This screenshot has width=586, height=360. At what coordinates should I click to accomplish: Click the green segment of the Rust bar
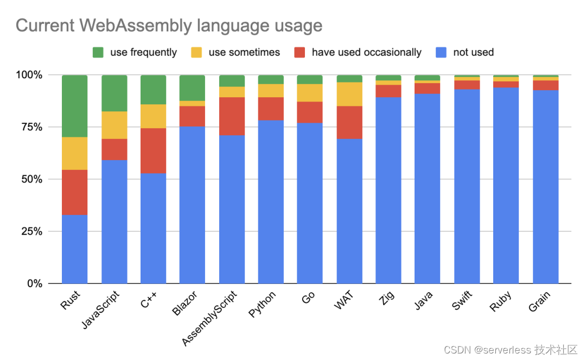[75, 106]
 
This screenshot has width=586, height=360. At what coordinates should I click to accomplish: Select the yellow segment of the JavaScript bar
[114, 125]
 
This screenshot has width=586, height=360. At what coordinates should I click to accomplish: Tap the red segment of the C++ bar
[153, 150]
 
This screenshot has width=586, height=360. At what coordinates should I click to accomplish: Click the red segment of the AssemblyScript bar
[232, 116]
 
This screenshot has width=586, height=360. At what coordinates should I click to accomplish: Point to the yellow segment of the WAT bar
[349, 94]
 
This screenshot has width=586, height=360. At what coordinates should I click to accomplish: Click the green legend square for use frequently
[98, 53]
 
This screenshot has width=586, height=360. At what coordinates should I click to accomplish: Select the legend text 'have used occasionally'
[366, 53]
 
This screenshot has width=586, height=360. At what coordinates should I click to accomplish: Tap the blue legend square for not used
[442, 53]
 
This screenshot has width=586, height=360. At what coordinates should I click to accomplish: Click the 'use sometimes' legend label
[244, 53]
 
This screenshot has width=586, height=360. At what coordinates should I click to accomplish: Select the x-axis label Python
[263, 305]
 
